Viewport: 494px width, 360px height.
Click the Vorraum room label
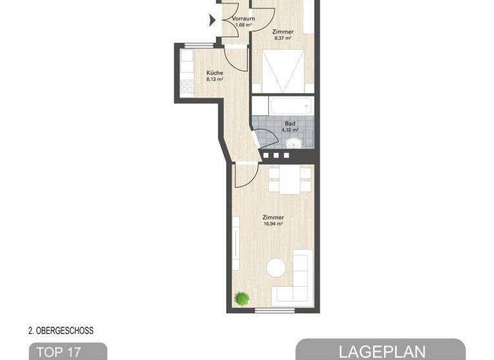pyautogui.click(x=243, y=19)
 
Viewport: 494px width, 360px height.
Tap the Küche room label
pyautogui.click(x=215, y=73)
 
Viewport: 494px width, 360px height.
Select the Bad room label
pyautogui.click(x=291, y=123)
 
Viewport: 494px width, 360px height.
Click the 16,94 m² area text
pyautogui.click(x=273, y=224)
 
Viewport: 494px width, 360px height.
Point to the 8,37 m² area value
pyautogui.click(x=283, y=38)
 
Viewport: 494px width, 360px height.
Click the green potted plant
pyautogui.click(x=242, y=298)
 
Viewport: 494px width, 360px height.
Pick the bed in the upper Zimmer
pyautogui.click(x=283, y=72)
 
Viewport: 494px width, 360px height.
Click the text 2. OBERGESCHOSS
pyautogui.click(x=61, y=331)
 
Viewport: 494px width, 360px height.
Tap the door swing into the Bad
pyautogui.click(x=264, y=139)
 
